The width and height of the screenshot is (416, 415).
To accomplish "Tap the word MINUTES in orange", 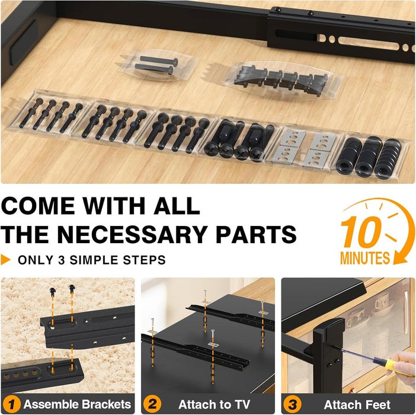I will (x=365, y=258).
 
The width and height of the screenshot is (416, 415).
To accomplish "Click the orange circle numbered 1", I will (x=12, y=404).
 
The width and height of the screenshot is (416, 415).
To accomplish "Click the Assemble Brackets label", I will (x=76, y=404).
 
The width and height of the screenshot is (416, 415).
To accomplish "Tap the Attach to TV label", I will (x=215, y=404).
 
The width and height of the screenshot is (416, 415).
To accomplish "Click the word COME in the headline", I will (x=39, y=206).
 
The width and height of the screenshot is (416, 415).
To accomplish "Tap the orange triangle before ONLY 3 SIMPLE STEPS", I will (x=6, y=260).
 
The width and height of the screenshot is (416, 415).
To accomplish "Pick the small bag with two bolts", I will (x=156, y=64).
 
